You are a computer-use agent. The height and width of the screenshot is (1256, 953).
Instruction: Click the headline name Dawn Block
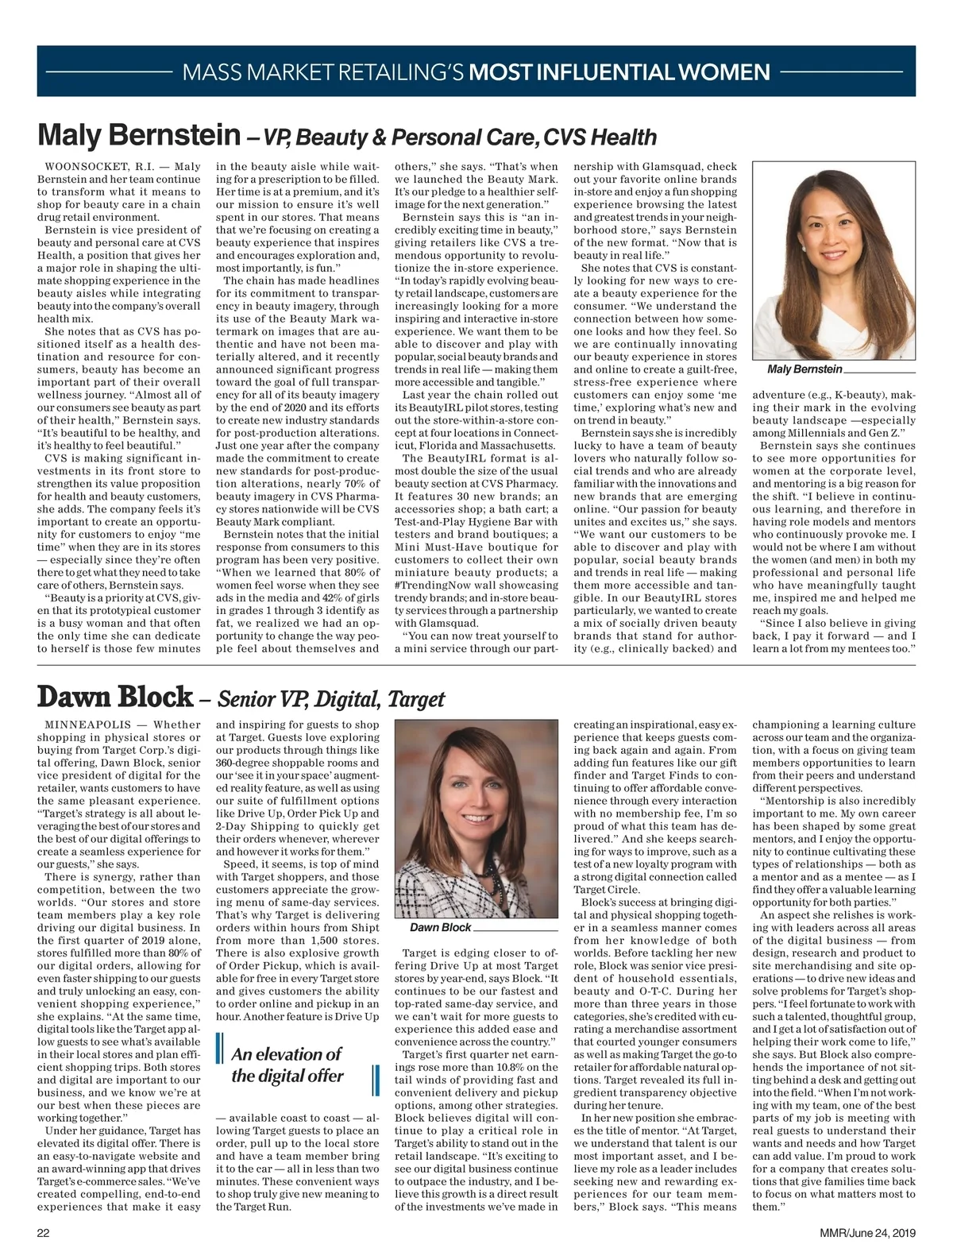(114, 698)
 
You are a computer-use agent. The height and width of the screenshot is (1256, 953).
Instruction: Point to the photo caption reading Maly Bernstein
(804, 370)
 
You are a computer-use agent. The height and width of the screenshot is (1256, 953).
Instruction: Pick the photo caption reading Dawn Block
(441, 928)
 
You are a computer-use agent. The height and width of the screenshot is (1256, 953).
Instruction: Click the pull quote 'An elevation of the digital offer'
(287, 1065)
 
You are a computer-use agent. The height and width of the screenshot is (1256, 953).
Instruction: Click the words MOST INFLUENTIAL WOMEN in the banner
(619, 73)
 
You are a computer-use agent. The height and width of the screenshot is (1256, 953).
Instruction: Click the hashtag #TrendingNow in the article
(431, 585)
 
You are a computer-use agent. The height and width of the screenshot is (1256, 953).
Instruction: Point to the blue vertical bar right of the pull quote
(372, 1081)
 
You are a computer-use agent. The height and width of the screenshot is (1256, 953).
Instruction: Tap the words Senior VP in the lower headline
(257, 699)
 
